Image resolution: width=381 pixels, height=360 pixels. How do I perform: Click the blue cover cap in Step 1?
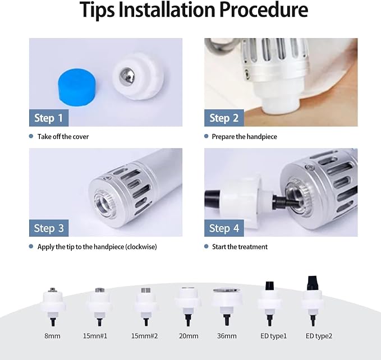click(x=77, y=87)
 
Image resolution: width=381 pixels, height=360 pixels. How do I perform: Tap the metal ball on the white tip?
click(x=127, y=75)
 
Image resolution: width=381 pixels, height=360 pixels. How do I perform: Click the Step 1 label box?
click(x=49, y=118)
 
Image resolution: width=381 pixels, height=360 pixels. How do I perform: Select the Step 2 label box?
click(x=224, y=118)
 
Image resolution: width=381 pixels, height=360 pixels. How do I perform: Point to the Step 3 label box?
click(x=49, y=228)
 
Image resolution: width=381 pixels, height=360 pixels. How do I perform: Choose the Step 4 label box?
click(x=224, y=228)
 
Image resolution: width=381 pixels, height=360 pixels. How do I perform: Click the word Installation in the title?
click(x=167, y=10)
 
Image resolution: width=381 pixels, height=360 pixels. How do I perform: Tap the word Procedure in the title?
click(x=264, y=10)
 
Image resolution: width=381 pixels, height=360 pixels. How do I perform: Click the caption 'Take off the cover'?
click(x=63, y=137)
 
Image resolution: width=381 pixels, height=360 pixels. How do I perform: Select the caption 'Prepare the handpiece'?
click(x=244, y=137)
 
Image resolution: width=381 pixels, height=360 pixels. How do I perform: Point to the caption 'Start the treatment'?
click(x=240, y=247)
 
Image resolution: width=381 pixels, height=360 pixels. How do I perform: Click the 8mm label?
click(x=52, y=336)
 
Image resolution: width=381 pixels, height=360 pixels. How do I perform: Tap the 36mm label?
click(x=227, y=336)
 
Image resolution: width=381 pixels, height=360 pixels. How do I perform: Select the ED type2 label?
click(x=319, y=336)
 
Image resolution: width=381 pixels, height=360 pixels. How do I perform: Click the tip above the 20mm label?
click(x=187, y=306)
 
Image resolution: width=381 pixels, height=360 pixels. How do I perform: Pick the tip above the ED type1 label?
click(x=269, y=303)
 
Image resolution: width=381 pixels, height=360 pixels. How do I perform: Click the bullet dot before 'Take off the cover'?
click(x=31, y=136)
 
